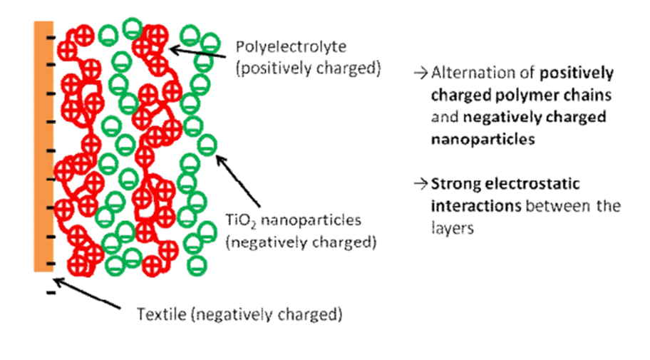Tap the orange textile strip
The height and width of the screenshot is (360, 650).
(40, 143)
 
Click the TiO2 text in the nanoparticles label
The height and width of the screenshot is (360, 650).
(237, 220)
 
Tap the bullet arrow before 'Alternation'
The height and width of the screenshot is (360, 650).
(421, 73)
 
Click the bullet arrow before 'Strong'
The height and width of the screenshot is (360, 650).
(421, 185)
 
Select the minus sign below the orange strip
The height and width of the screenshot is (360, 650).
(51, 292)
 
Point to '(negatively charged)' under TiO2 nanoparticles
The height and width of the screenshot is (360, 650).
(300, 242)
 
